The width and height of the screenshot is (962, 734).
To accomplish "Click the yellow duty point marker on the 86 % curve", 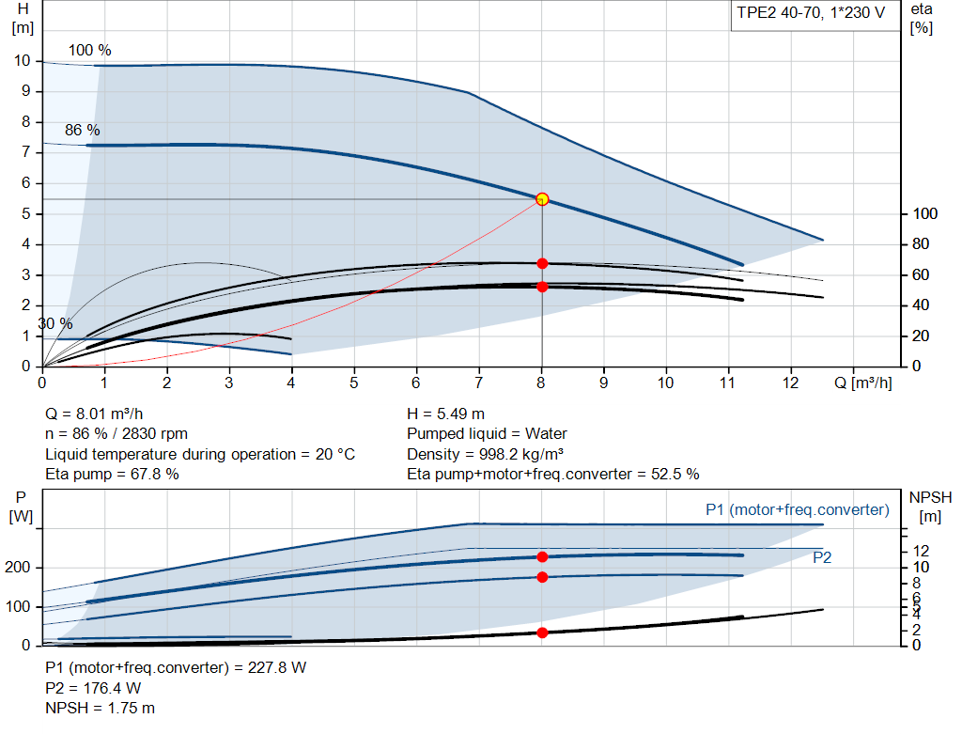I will [542, 199].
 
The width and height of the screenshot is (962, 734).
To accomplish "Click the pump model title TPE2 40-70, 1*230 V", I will [811, 16].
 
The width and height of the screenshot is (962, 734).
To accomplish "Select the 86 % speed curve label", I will [82, 131].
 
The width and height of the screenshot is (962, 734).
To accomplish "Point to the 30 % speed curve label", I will [54, 323].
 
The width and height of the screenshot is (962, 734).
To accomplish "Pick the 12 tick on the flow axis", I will [790, 383].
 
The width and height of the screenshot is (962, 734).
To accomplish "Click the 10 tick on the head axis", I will [23, 61].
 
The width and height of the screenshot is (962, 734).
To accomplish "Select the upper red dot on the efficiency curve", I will [542, 263].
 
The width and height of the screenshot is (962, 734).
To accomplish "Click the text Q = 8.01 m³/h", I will [94, 414].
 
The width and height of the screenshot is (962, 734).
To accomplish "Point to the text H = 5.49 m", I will [446, 414].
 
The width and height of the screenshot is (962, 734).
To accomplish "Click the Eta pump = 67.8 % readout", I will [113, 474].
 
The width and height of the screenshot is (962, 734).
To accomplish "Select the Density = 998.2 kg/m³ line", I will [485, 454].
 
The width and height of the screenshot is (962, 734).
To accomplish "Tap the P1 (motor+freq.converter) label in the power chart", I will [797, 509].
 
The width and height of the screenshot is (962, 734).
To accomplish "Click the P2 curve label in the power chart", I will [822, 557].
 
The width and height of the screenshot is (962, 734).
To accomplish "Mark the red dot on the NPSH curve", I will [542, 632].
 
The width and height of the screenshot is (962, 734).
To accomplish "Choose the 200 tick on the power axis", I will [22, 568].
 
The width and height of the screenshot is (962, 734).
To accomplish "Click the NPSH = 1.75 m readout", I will [101, 708].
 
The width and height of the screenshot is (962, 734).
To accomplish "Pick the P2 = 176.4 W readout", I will [93, 688].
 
